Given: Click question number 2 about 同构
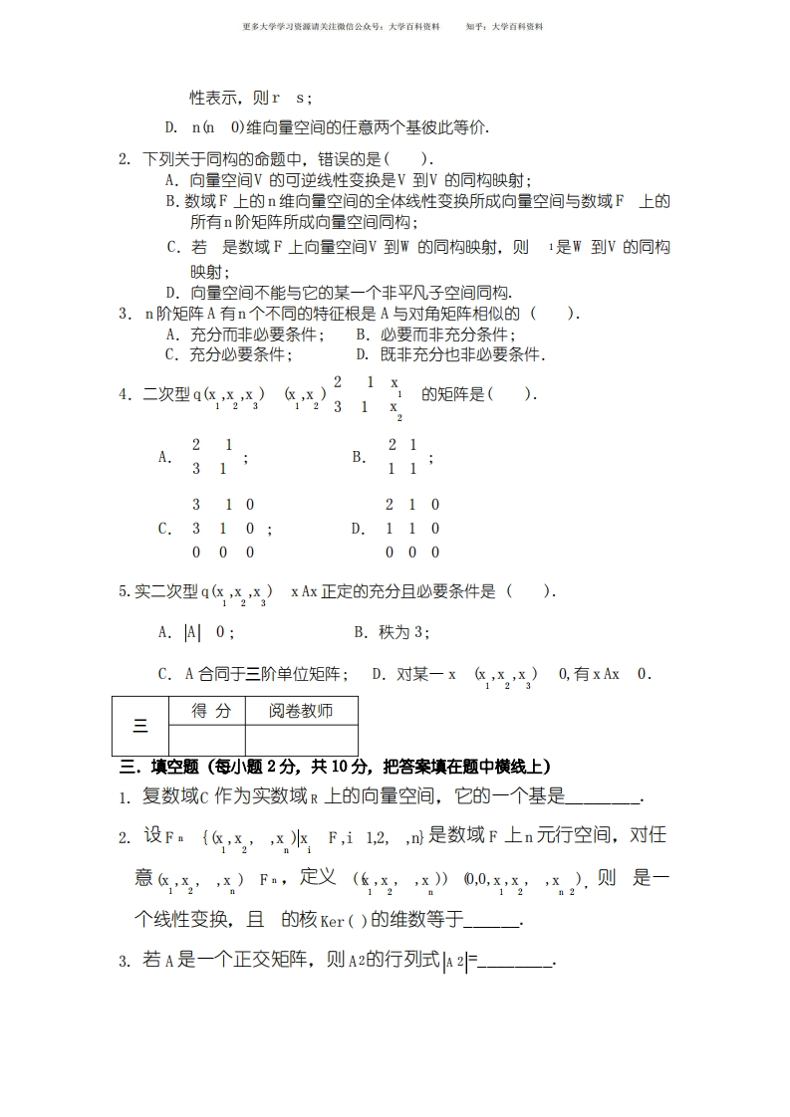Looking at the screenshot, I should tap(125, 159).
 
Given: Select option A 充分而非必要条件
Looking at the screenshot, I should tap(244, 335).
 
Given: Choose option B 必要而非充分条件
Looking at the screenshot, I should tap(431, 335).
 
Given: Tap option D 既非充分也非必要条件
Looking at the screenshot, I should tap(449, 354).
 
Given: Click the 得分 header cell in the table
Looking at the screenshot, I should tap(210, 711).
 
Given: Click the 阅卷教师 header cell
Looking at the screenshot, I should tap(300, 711).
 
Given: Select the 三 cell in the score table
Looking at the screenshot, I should tap(139, 726).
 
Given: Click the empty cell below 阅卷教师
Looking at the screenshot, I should tap(300, 740).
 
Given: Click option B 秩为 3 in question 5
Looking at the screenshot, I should tap(392, 632).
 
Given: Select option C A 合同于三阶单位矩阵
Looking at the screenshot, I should tap(253, 674).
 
